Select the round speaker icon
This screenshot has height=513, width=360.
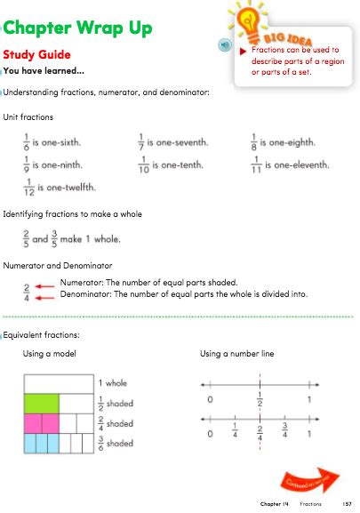(x=226, y=44)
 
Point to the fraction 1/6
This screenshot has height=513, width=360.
(x=27, y=142)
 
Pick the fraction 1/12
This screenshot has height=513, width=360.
(x=28, y=187)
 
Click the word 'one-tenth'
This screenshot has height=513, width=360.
(x=178, y=164)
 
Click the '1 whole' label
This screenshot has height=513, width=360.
(x=114, y=383)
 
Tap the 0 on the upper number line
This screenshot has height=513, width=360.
(x=210, y=398)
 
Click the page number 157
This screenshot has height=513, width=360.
(x=348, y=504)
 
